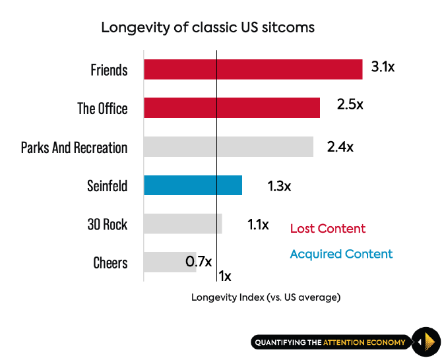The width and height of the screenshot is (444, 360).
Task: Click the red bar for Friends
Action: click(253, 69)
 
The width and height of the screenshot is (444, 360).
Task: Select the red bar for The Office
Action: click(232, 108)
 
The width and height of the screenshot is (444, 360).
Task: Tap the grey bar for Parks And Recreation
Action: click(228, 146)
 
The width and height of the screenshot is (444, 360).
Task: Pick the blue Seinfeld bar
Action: click(193, 185)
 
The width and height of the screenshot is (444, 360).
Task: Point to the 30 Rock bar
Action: click(183, 224)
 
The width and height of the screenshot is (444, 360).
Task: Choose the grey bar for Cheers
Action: click(170, 262)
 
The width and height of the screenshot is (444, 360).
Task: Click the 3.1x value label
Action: click(383, 67)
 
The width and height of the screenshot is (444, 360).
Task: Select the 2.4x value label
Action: click(340, 147)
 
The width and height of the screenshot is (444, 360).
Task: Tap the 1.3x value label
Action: click(279, 186)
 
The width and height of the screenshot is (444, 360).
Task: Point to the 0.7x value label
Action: click(198, 262)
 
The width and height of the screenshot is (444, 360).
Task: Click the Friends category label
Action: click(109, 70)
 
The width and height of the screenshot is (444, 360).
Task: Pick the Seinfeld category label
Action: click(107, 185)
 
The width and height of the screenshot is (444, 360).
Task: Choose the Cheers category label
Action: click(110, 263)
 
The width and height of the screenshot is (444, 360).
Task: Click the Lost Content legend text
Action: click(327, 229)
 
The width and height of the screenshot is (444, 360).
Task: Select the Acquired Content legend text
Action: click(341, 254)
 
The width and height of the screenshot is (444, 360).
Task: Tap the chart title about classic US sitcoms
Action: click(208, 28)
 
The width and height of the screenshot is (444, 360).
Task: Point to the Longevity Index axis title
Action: click(266, 297)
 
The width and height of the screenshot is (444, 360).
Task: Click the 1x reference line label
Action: click(225, 276)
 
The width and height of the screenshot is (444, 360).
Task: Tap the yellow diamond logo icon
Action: click(427, 342)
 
